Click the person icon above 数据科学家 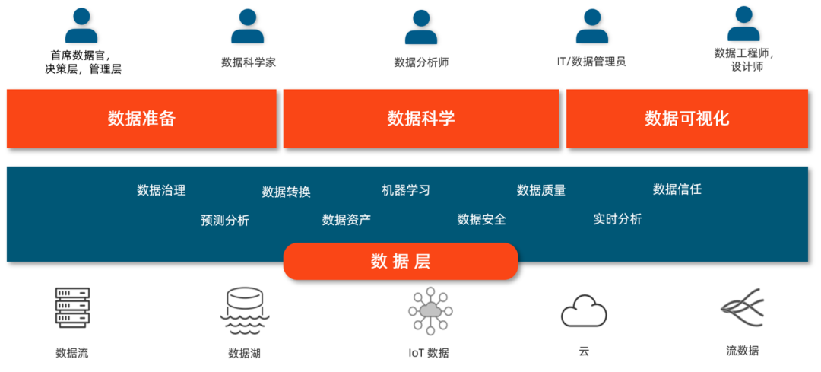tap(248, 27)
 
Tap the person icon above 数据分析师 tap(421, 27)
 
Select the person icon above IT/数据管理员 tap(591, 27)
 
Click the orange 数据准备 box tap(141, 119)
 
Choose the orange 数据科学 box tap(421, 119)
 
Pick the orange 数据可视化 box tap(687, 119)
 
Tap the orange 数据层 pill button tap(401, 262)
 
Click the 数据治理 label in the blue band tap(161, 190)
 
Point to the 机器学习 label tap(406, 190)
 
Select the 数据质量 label tap(541, 190)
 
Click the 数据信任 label tap(677, 189)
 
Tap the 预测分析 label tap(225, 221)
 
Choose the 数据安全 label tap(481, 220)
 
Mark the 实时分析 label tap(617, 219)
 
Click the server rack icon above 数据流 tap(72, 309)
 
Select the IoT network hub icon tap(430, 310)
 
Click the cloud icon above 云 tap(584, 311)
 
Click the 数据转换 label tap(287, 192)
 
